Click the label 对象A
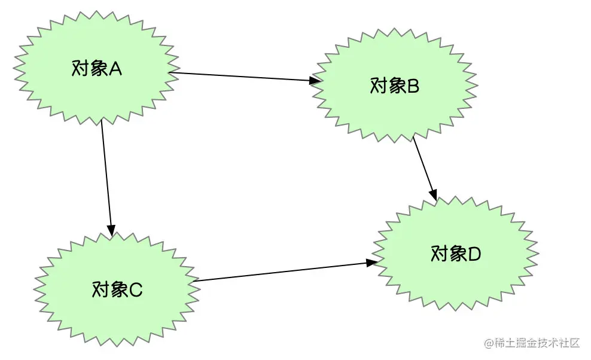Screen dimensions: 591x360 (96, 69)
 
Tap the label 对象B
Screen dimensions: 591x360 (395, 86)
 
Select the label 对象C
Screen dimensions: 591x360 (117, 289)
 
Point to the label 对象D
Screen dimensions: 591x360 (456, 254)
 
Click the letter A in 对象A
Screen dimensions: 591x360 (115, 69)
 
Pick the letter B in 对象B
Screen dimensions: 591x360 (413, 86)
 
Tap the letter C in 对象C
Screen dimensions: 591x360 (136, 290)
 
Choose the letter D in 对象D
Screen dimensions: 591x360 (474, 254)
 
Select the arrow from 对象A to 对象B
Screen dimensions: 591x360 (245, 77)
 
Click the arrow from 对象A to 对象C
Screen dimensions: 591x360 (106, 177)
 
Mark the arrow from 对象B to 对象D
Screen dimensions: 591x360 (425, 169)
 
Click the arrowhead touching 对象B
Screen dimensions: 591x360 (315, 80)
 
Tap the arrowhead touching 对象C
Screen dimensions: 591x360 (111, 231)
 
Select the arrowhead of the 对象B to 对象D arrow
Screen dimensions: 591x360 (434, 196)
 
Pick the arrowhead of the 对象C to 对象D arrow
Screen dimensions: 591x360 (372, 263)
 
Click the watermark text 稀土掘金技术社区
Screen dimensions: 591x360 (537, 343)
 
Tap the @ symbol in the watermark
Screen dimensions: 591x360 (489, 343)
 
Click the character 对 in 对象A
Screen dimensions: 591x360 (80, 69)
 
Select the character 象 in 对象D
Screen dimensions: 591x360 (458, 254)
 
